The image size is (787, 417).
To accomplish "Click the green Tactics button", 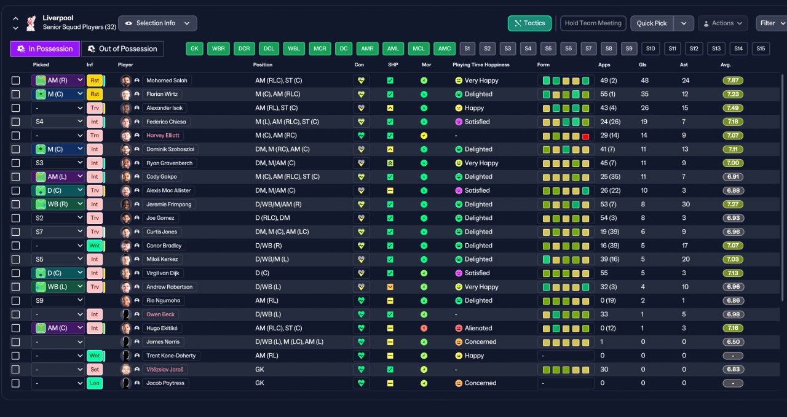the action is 529,23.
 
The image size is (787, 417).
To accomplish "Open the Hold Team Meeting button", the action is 593,23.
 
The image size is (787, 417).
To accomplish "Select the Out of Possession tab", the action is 122,49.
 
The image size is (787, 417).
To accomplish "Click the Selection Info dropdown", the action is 157,23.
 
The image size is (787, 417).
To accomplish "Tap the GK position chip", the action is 194,49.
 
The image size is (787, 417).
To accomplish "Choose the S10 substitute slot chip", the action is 651,49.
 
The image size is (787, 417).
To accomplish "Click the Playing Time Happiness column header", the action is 481,64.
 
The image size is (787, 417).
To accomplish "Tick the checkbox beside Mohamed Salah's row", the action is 15,80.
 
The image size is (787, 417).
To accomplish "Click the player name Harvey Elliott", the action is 163,136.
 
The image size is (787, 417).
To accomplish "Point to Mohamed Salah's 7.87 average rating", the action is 733,80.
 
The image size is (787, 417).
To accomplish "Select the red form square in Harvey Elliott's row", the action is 585,136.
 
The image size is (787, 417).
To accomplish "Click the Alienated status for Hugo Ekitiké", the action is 478,328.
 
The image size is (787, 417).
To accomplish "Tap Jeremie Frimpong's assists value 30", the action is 686,205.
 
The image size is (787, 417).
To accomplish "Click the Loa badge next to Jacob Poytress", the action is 95,383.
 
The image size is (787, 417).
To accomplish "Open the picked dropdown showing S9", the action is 58,301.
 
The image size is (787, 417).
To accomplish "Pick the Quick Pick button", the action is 652,23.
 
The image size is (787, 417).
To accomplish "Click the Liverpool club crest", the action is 31,23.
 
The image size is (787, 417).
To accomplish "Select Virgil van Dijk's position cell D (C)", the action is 262,273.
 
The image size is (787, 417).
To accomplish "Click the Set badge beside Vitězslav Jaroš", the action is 95,370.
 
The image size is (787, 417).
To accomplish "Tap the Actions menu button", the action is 723,23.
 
